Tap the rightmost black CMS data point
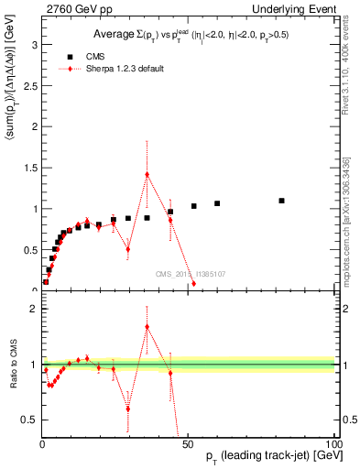click(x=281, y=201)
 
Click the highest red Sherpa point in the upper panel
click(x=147, y=175)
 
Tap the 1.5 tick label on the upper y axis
click(x=29, y=168)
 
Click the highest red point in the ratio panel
click(x=147, y=326)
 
